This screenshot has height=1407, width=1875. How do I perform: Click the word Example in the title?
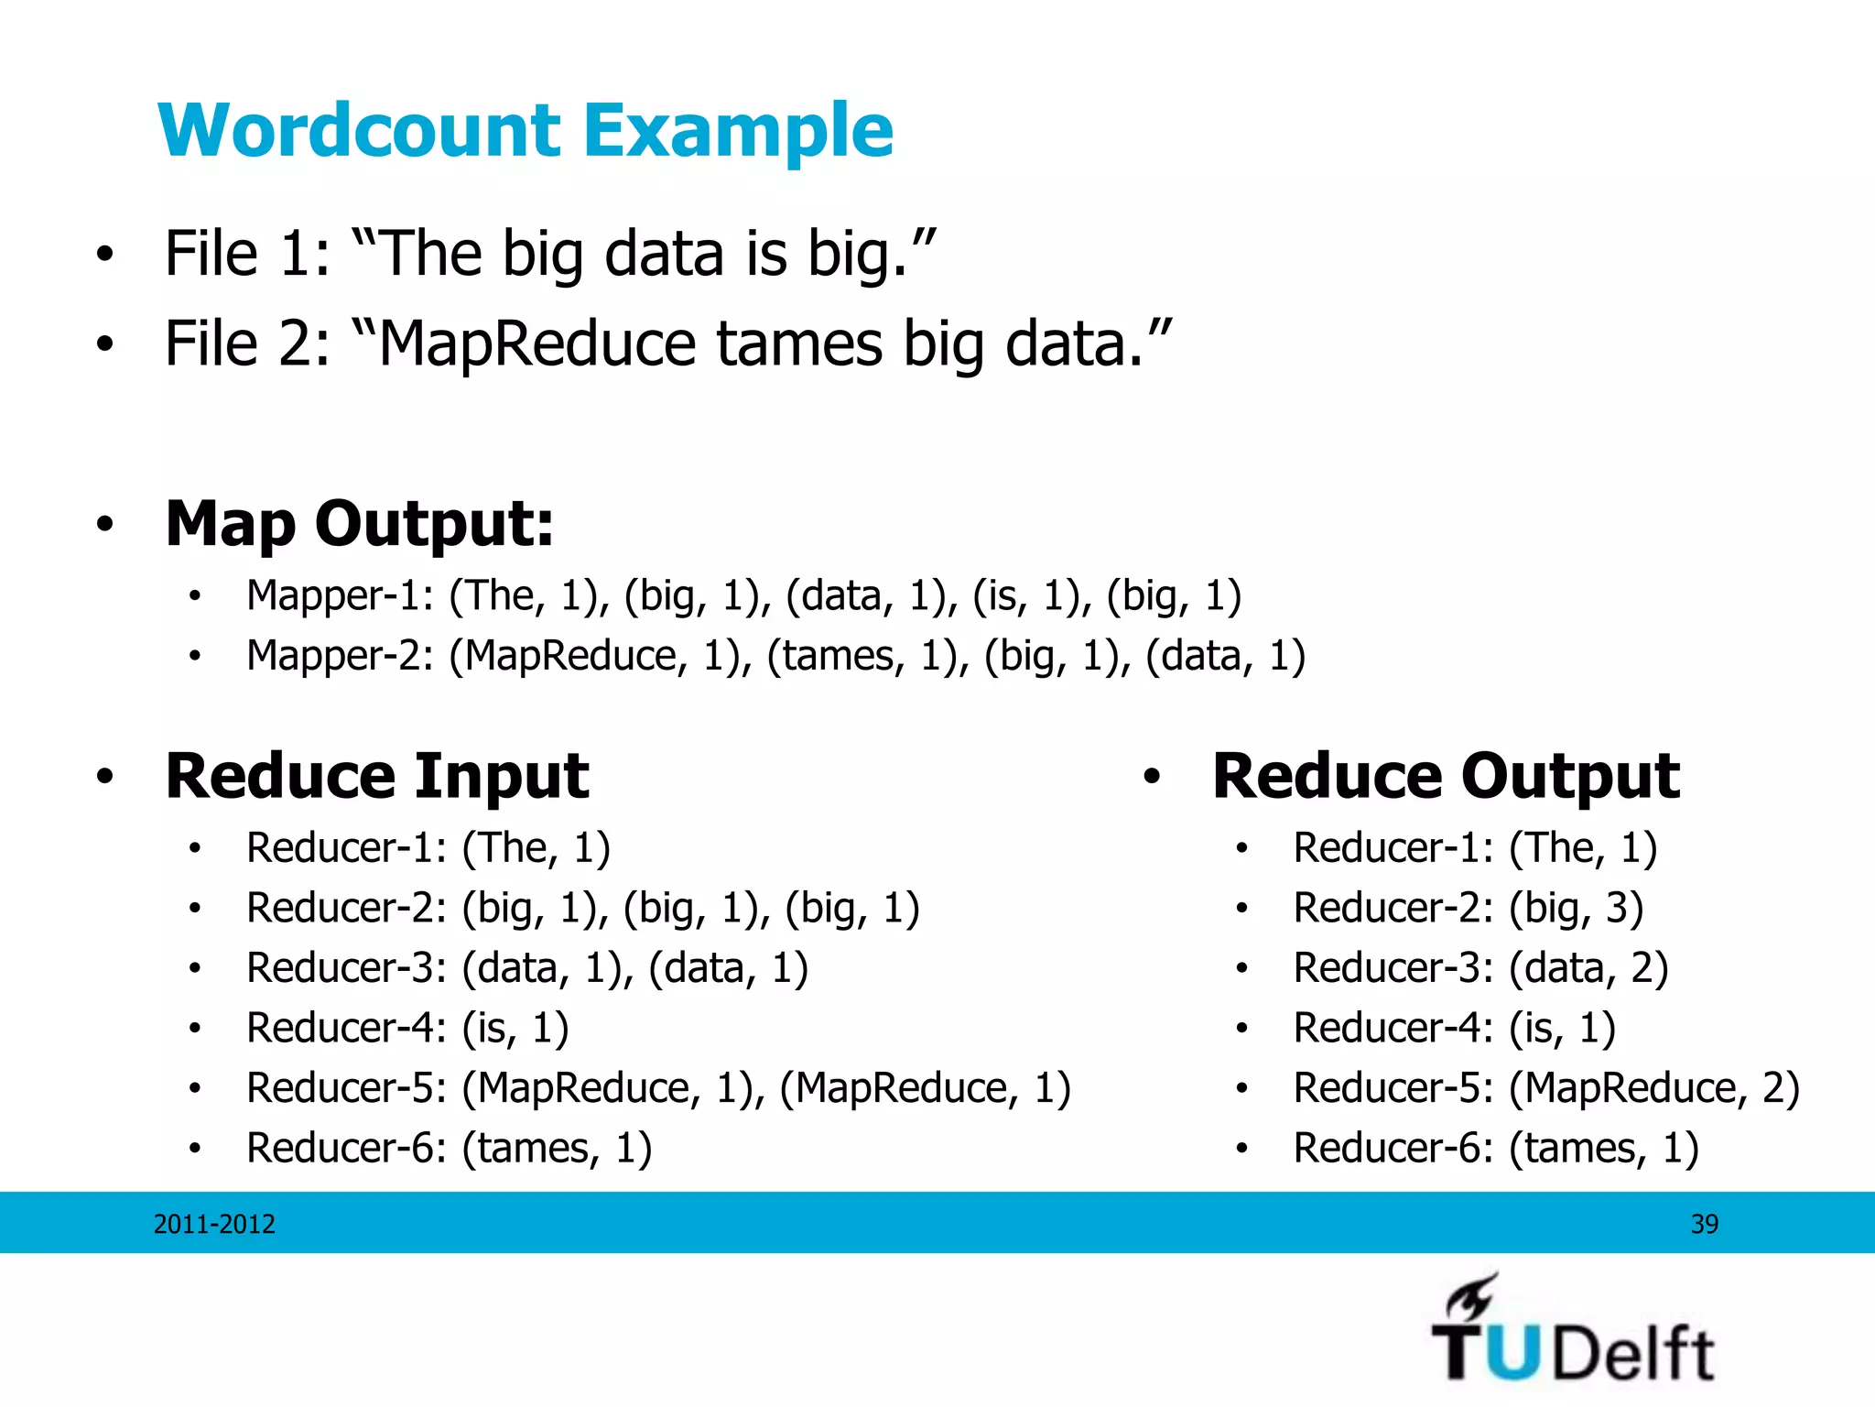coord(738,132)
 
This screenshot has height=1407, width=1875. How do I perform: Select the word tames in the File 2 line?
coord(799,344)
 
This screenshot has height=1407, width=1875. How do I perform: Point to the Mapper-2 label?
coord(340,656)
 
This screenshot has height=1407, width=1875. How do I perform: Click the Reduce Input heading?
coord(377,776)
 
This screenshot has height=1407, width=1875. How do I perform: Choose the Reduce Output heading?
coord(1446,776)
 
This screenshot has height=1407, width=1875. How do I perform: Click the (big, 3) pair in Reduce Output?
coord(1576,908)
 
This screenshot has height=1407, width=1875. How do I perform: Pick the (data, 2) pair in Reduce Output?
coord(1588,968)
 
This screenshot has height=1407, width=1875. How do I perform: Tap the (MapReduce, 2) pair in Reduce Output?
coord(1654,1088)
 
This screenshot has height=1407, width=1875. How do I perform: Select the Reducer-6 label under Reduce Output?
coord(1393,1148)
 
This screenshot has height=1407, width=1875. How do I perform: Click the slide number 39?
coord(1704,1224)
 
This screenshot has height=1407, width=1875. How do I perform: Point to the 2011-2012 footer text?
coord(214,1224)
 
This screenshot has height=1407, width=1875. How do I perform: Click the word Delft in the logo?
coord(1634,1353)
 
